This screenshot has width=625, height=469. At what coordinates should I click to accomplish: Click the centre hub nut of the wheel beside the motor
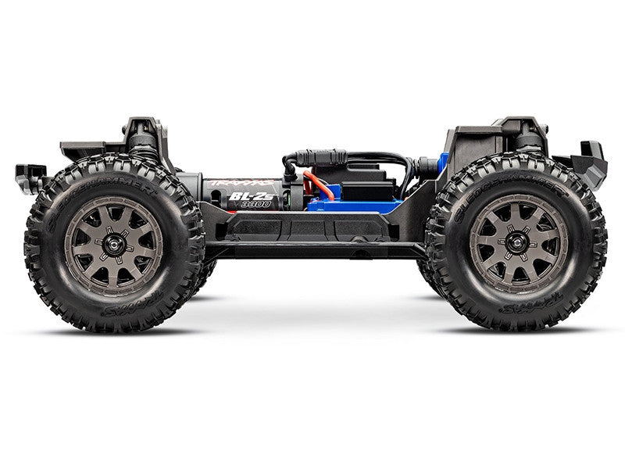[x=113, y=244]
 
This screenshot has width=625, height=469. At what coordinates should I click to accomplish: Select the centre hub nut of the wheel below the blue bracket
[x=518, y=243]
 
